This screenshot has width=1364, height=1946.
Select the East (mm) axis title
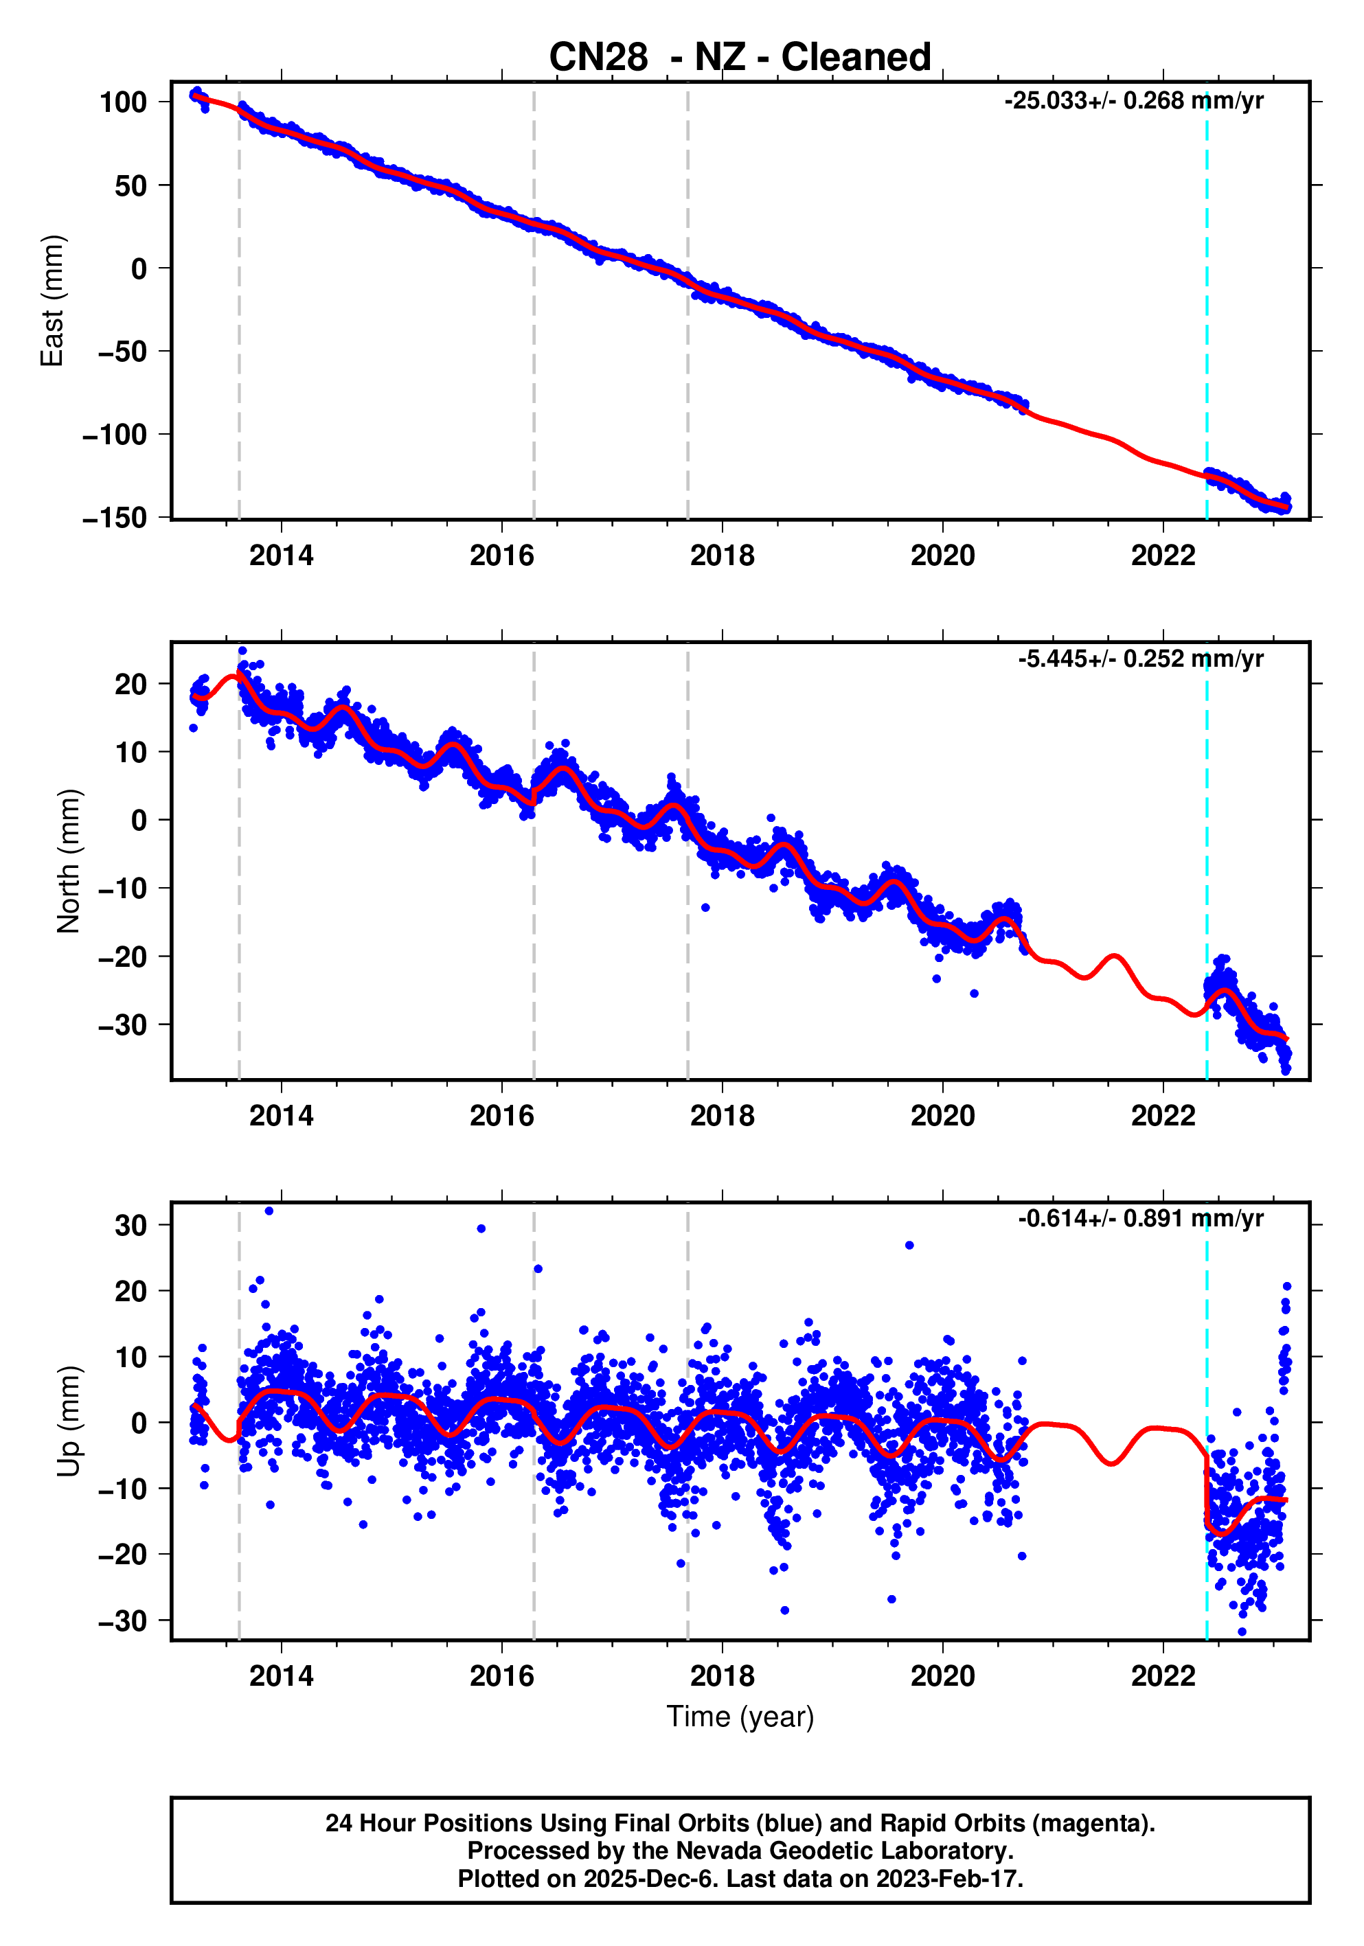[x=53, y=301]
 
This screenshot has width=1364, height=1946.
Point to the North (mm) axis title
[x=69, y=861]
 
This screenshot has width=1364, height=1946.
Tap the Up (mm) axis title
[x=69, y=1421]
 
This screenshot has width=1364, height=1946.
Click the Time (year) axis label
[x=740, y=1716]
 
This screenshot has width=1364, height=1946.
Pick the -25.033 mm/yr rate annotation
[x=1133, y=101]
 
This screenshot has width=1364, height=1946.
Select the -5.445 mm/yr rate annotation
[x=1140, y=659]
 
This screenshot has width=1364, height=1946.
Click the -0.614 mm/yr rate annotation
[x=1140, y=1219]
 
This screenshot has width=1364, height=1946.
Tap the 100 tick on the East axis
[x=124, y=102]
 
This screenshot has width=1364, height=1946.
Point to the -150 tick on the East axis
[x=115, y=517]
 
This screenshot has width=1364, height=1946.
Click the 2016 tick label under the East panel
[x=502, y=556]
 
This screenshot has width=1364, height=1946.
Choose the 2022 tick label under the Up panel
[x=1163, y=1676]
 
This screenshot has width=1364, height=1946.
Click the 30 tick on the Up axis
[x=130, y=1226]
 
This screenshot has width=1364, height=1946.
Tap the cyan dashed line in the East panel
[x=1206, y=297]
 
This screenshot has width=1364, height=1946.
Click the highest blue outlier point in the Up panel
[x=269, y=1211]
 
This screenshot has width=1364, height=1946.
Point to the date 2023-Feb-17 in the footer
[x=948, y=1879]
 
